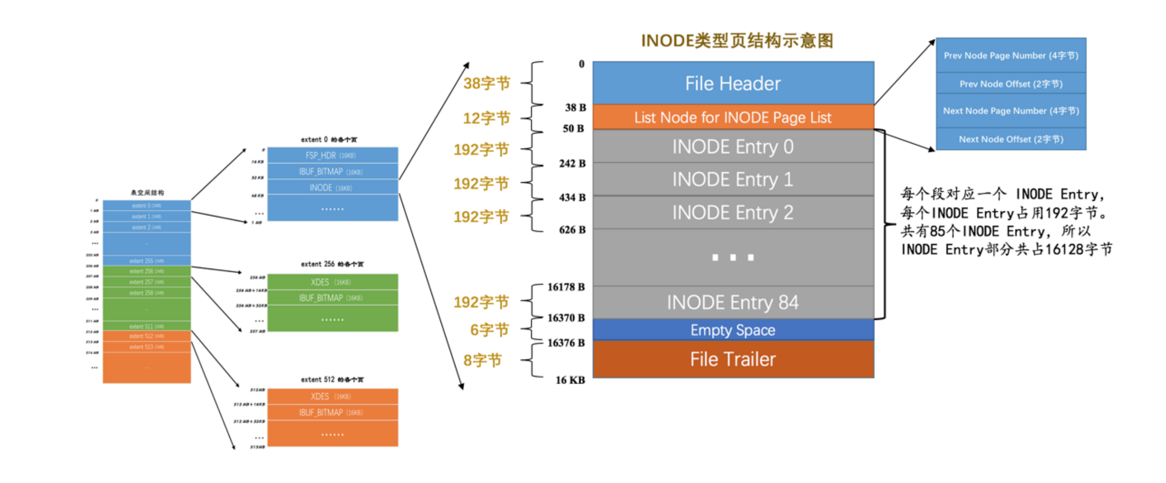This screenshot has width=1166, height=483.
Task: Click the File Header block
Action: pyautogui.click(x=733, y=83)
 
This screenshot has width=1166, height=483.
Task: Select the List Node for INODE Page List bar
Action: pyautogui.click(x=733, y=117)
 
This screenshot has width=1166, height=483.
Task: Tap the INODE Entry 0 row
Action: pyautogui.click(x=733, y=147)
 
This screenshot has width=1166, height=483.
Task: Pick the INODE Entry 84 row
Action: pyautogui.click(x=733, y=302)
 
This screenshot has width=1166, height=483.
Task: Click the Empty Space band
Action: pyautogui.click(x=733, y=330)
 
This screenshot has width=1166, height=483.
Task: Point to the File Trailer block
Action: pyautogui.click(x=733, y=359)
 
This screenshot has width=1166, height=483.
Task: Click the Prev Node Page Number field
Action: pyautogui.click(x=1010, y=56)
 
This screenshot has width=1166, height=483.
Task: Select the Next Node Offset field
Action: pyautogui.click(x=1010, y=139)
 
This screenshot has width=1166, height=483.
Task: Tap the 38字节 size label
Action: pyautogui.click(x=486, y=83)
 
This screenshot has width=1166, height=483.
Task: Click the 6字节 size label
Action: pyautogui.click(x=489, y=330)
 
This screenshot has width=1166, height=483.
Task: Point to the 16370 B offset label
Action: pyautogui.click(x=565, y=318)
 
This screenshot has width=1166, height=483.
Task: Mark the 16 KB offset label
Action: pyautogui.click(x=570, y=380)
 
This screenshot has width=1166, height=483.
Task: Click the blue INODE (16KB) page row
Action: pyautogui.click(x=332, y=188)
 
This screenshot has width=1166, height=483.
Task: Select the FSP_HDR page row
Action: pyautogui.click(x=332, y=156)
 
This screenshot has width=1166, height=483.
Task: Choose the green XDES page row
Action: pyautogui.click(x=332, y=282)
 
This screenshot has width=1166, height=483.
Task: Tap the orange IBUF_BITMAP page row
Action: pyautogui.click(x=332, y=413)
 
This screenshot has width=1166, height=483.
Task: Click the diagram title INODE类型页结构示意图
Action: pyautogui.click(x=737, y=41)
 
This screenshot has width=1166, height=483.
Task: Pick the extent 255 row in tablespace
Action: pyautogui.click(x=146, y=261)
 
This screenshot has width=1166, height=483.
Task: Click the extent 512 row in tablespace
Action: pyautogui.click(x=146, y=336)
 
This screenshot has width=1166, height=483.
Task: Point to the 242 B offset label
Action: pyautogui.click(x=572, y=164)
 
